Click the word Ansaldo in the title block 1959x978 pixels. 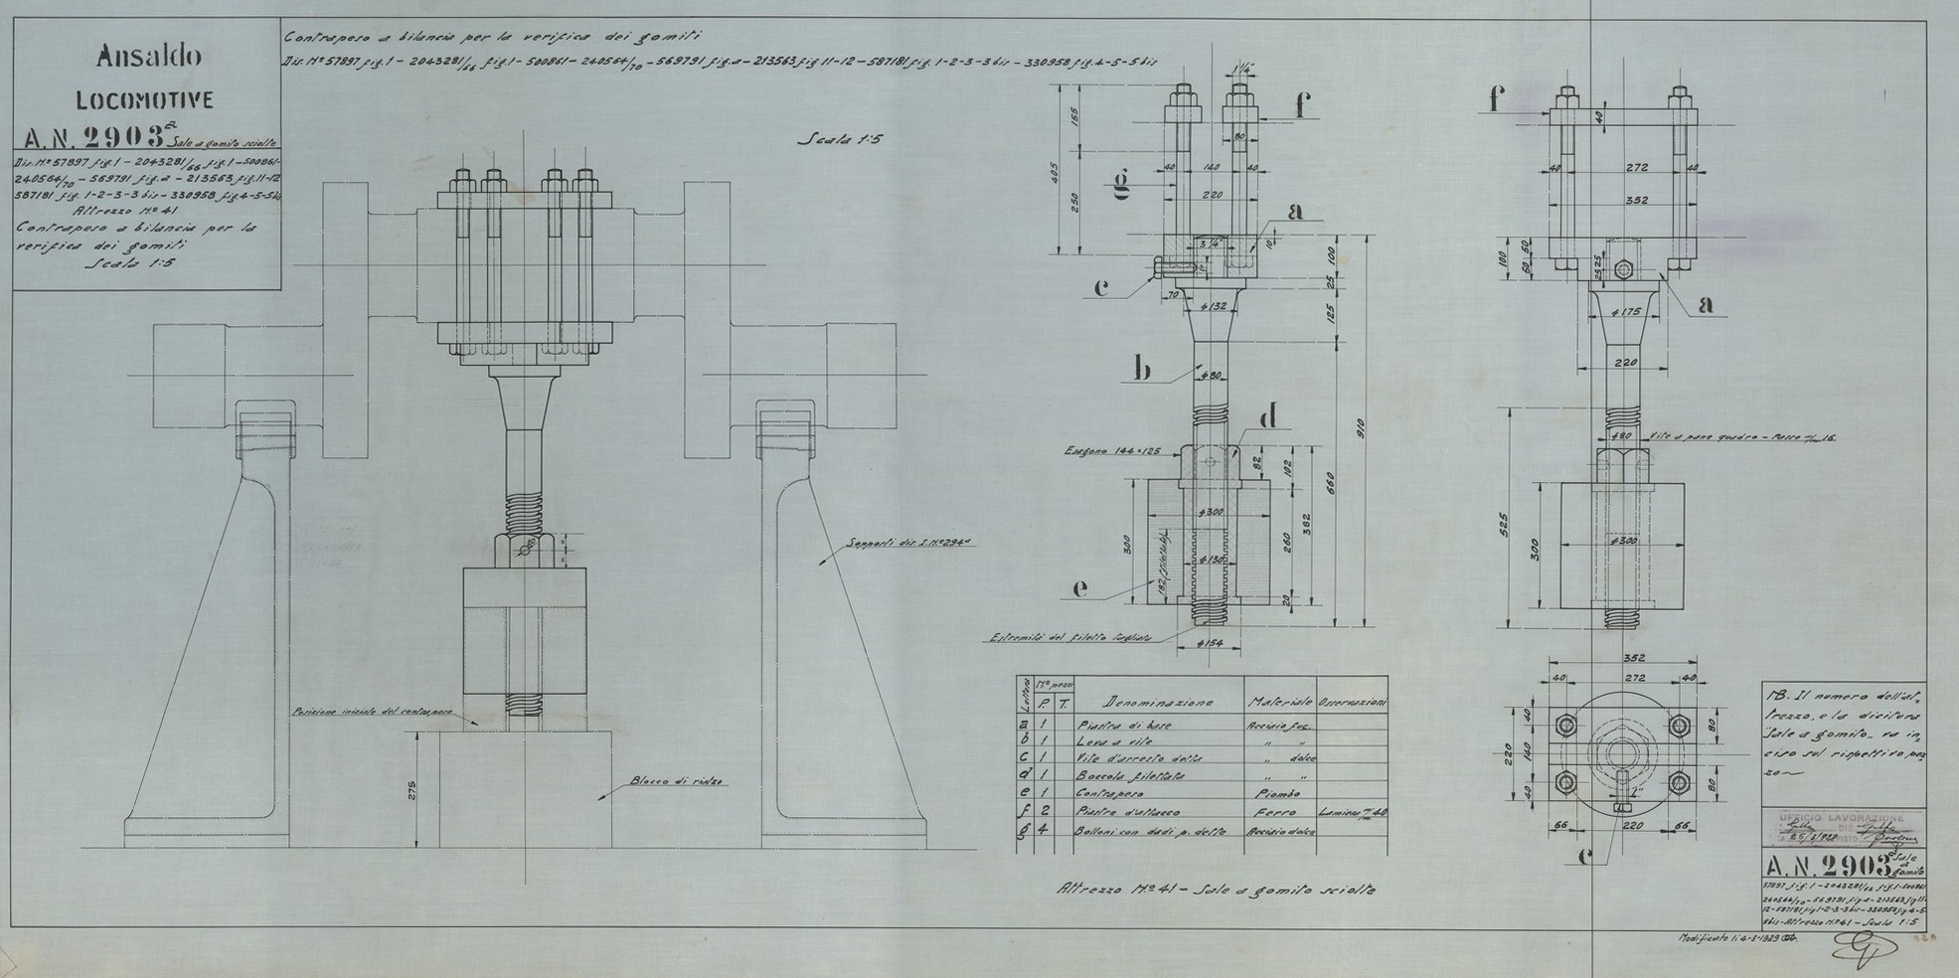point(149,57)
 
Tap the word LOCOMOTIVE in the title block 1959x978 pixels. point(145,100)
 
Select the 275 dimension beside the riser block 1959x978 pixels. point(410,791)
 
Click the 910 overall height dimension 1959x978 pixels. point(1361,427)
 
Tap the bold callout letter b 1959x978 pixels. point(1142,369)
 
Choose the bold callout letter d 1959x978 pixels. point(1267,417)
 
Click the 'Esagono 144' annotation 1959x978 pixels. point(1097,449)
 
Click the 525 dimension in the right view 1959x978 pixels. point(1504,520)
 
